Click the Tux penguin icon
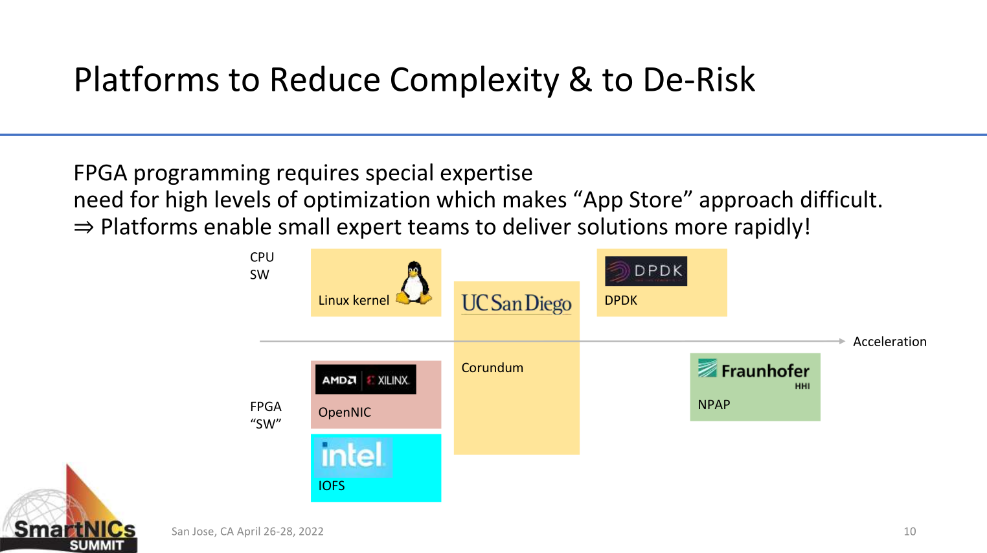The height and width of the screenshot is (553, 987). coord(414,283)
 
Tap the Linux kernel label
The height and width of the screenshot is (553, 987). coord(354,300)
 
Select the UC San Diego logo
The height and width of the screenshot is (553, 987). coord(516,303)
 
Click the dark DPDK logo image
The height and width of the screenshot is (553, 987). coord(646,271)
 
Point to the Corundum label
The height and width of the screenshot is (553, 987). coord(492,368)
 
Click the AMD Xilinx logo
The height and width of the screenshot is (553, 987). coord(365,380)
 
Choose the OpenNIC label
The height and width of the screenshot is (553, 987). coord(345,412)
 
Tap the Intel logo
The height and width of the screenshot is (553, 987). coord(353,455)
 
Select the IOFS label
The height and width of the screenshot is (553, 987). coord(332,486)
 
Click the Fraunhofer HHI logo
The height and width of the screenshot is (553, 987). coord(754,374)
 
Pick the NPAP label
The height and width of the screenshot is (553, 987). coord(714,405)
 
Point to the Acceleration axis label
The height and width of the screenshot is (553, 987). coord(889,342)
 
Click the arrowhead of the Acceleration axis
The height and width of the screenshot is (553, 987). coord(842,341)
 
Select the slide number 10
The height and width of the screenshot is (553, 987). coord(909,532)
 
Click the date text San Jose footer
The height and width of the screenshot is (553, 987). coord(247,532)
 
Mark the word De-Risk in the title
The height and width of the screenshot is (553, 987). coord(699,80)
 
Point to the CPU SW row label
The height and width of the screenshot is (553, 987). coord(262,266)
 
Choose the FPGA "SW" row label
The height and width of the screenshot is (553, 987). coord(266,415)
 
